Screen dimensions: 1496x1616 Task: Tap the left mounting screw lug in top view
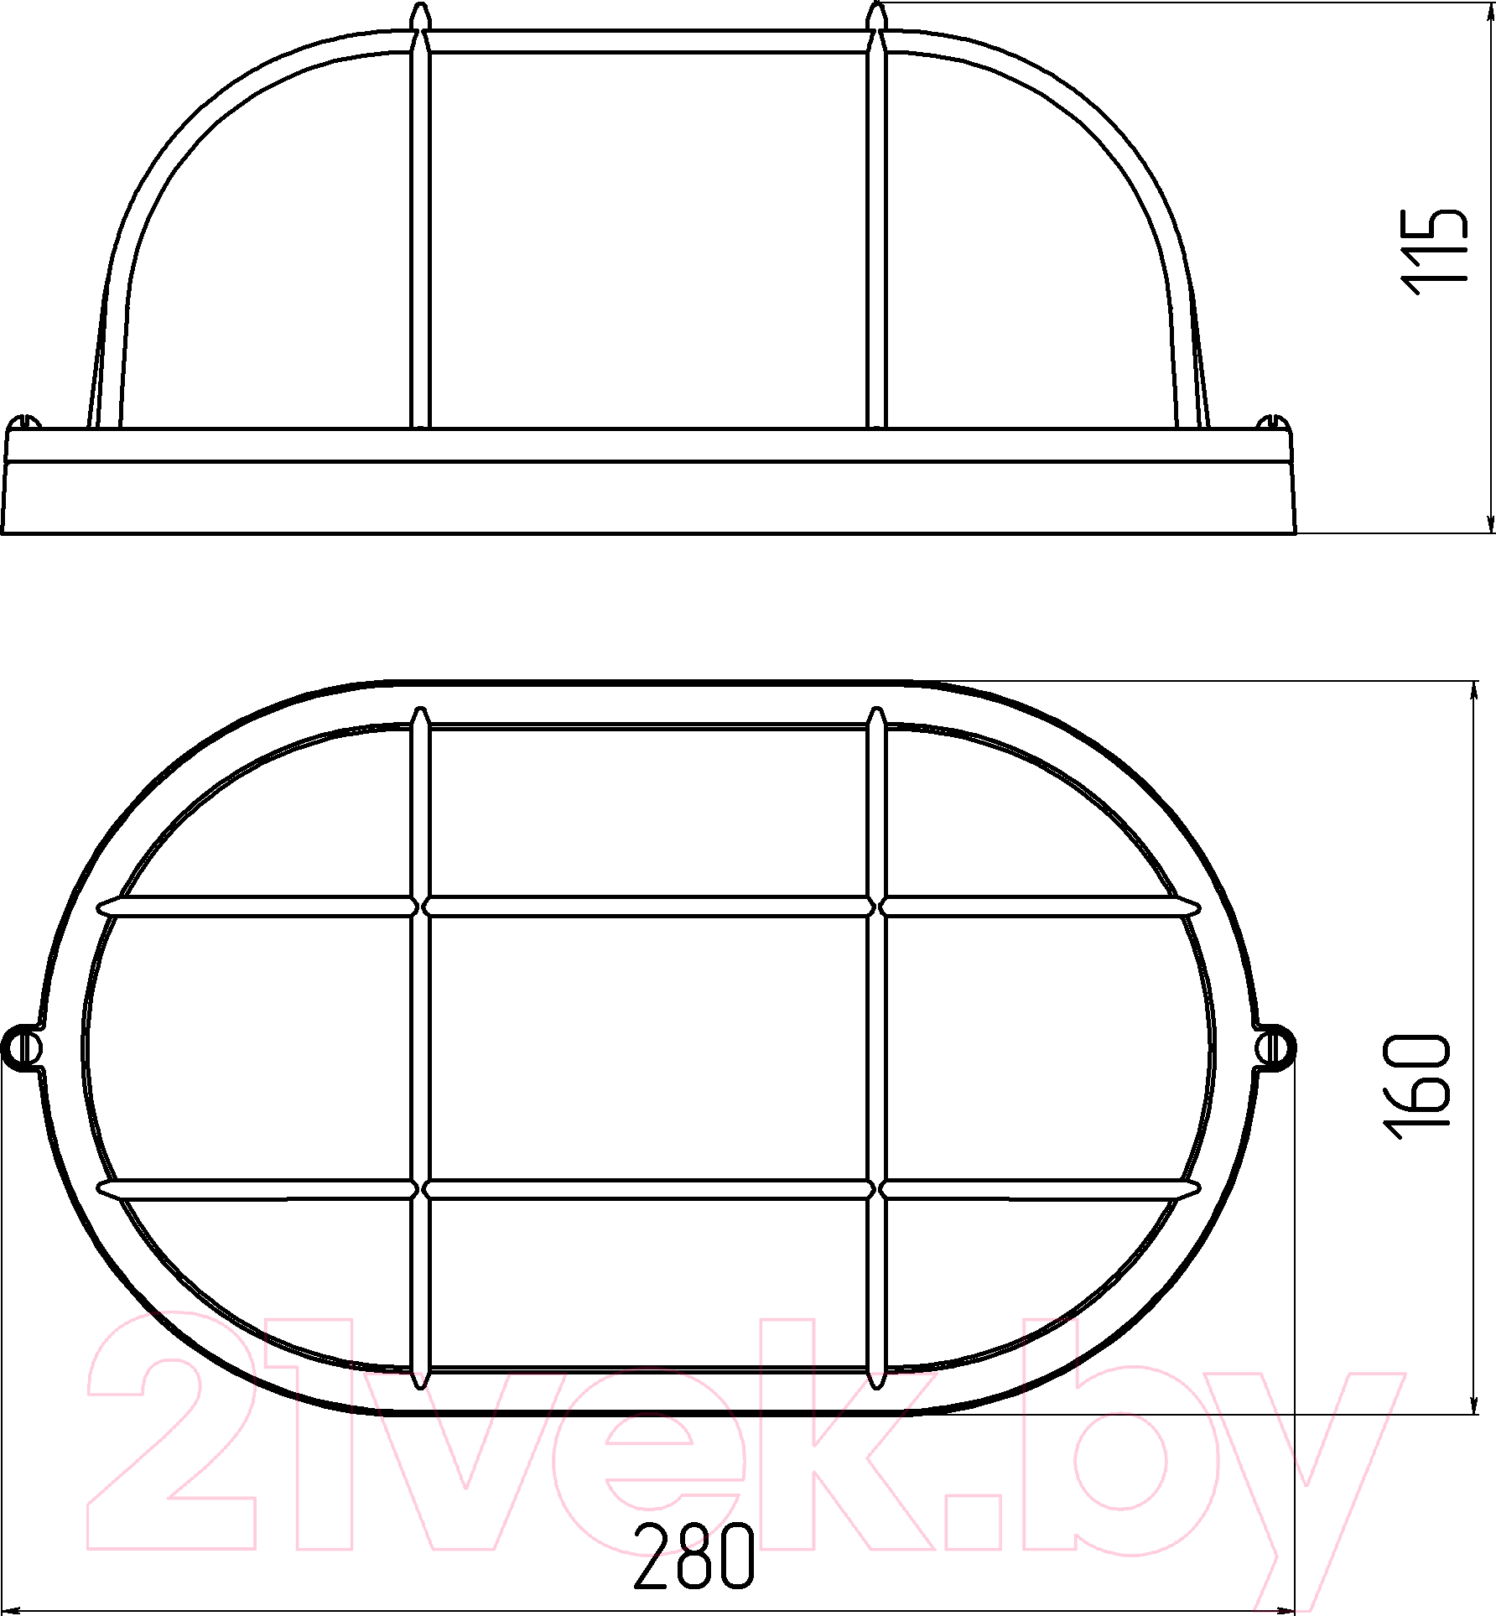[x=23, y=1047]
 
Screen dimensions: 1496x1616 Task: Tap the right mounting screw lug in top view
[x=1274, y=1047]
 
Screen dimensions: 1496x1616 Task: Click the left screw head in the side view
[x=25, y=422]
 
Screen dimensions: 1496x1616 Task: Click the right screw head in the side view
[x=1272, y=422]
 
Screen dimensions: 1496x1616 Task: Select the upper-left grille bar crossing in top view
[x=421, y=907]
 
